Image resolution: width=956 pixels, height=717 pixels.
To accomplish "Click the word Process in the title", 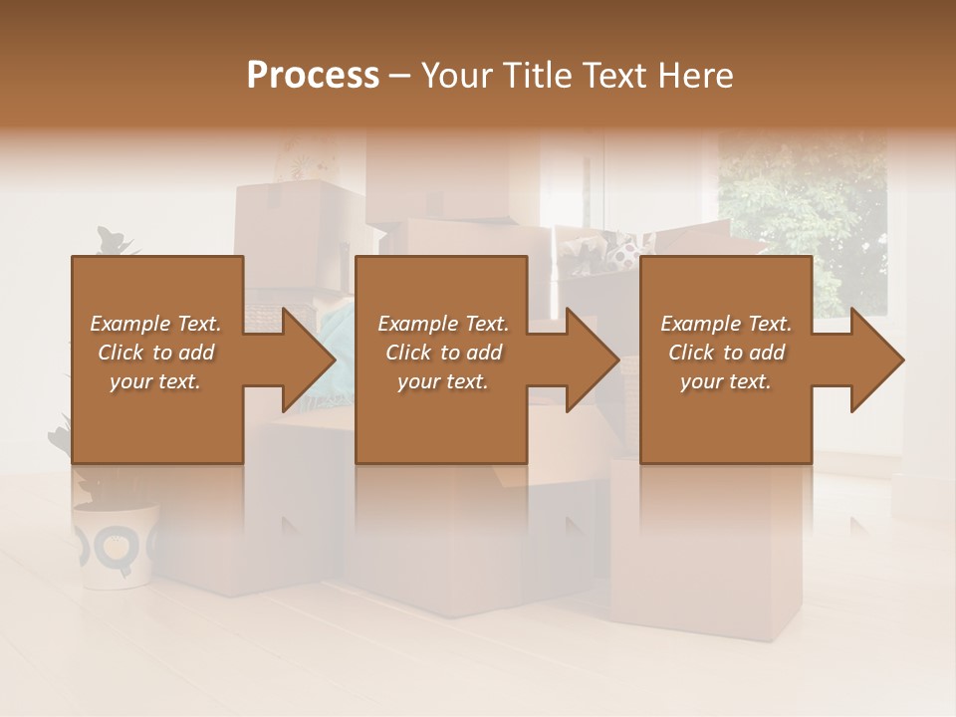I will (x=313, y=76).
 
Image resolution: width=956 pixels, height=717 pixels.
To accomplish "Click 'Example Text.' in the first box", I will (x=155, y=324).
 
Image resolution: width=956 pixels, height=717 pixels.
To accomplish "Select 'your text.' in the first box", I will (x=155, y=381).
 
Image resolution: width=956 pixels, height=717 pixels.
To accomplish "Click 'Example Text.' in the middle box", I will (x=443, y=324).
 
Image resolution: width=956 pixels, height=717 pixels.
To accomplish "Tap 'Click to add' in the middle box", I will (x=443, y=353).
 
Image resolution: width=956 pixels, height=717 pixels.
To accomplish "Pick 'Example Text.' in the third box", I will (x=726, y=324).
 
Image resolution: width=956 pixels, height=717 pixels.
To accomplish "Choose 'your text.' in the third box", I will (x=726, y=381).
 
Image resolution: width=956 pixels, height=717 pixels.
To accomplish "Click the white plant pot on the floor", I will (x=116, y=544).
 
